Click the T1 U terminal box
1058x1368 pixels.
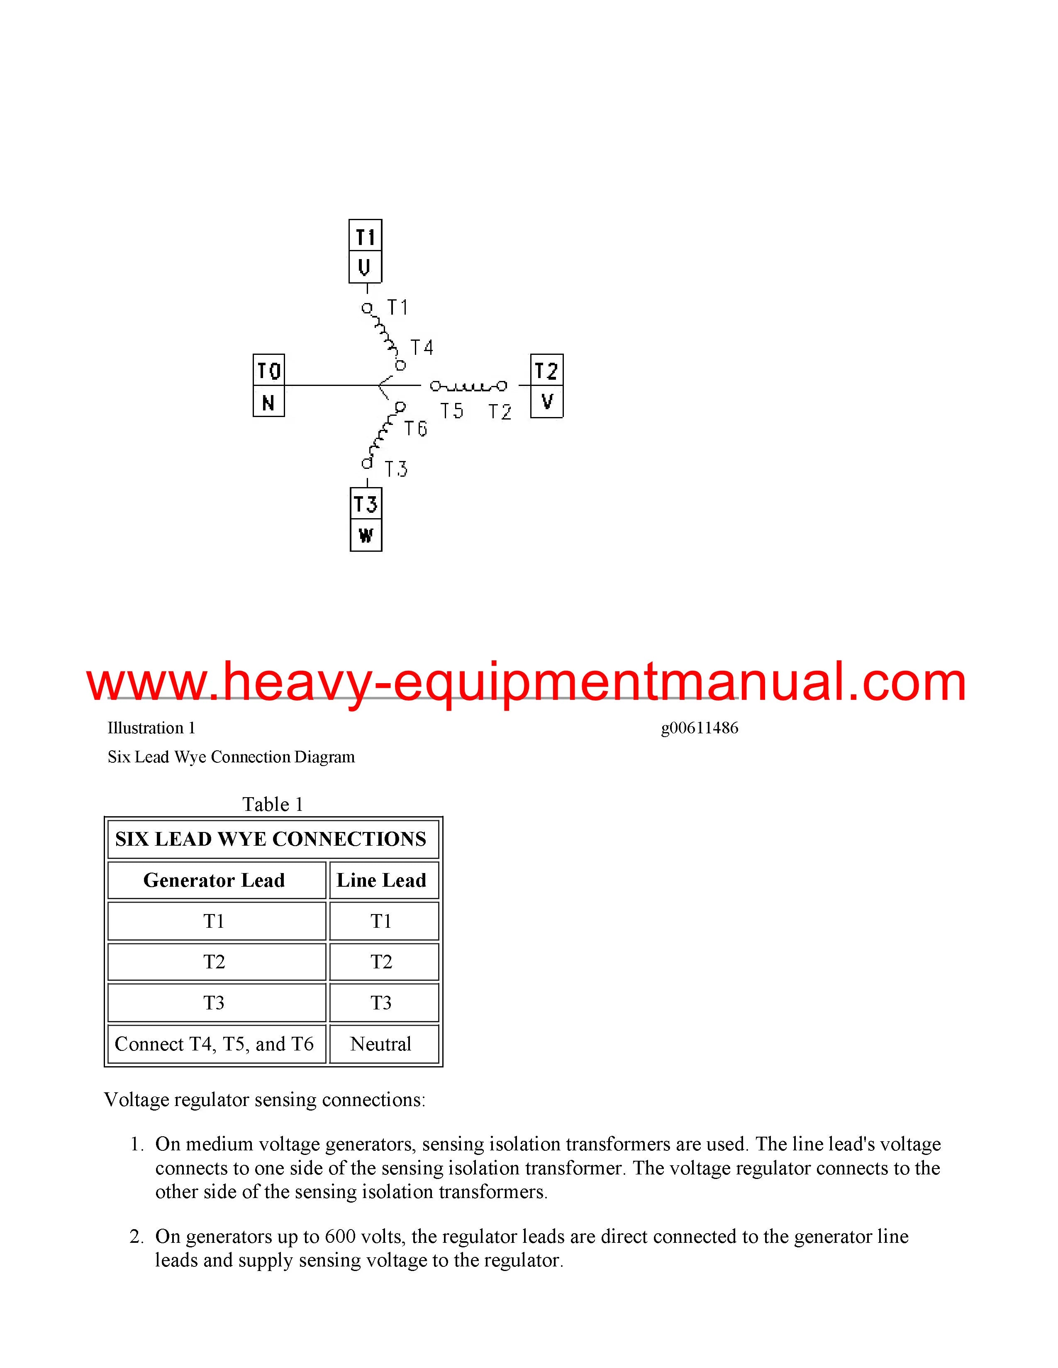coord(366,251)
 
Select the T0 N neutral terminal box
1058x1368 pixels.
coord(269,385)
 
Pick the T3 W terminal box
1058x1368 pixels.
coord(366,519)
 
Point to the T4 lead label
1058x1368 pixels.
coord(422,348)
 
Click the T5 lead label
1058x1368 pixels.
coord(451,411)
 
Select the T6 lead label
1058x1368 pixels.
coord(416,429)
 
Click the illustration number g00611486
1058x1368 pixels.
coord(700,728)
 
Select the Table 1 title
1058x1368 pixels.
coord(273,804)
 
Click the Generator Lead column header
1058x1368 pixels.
coord(215,880)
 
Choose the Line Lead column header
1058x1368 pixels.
coord(381,880)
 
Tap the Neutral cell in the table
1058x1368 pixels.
coord(381,1044)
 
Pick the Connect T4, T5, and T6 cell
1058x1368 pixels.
coord(215,1044)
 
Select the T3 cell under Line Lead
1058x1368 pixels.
coord(381,1003)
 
